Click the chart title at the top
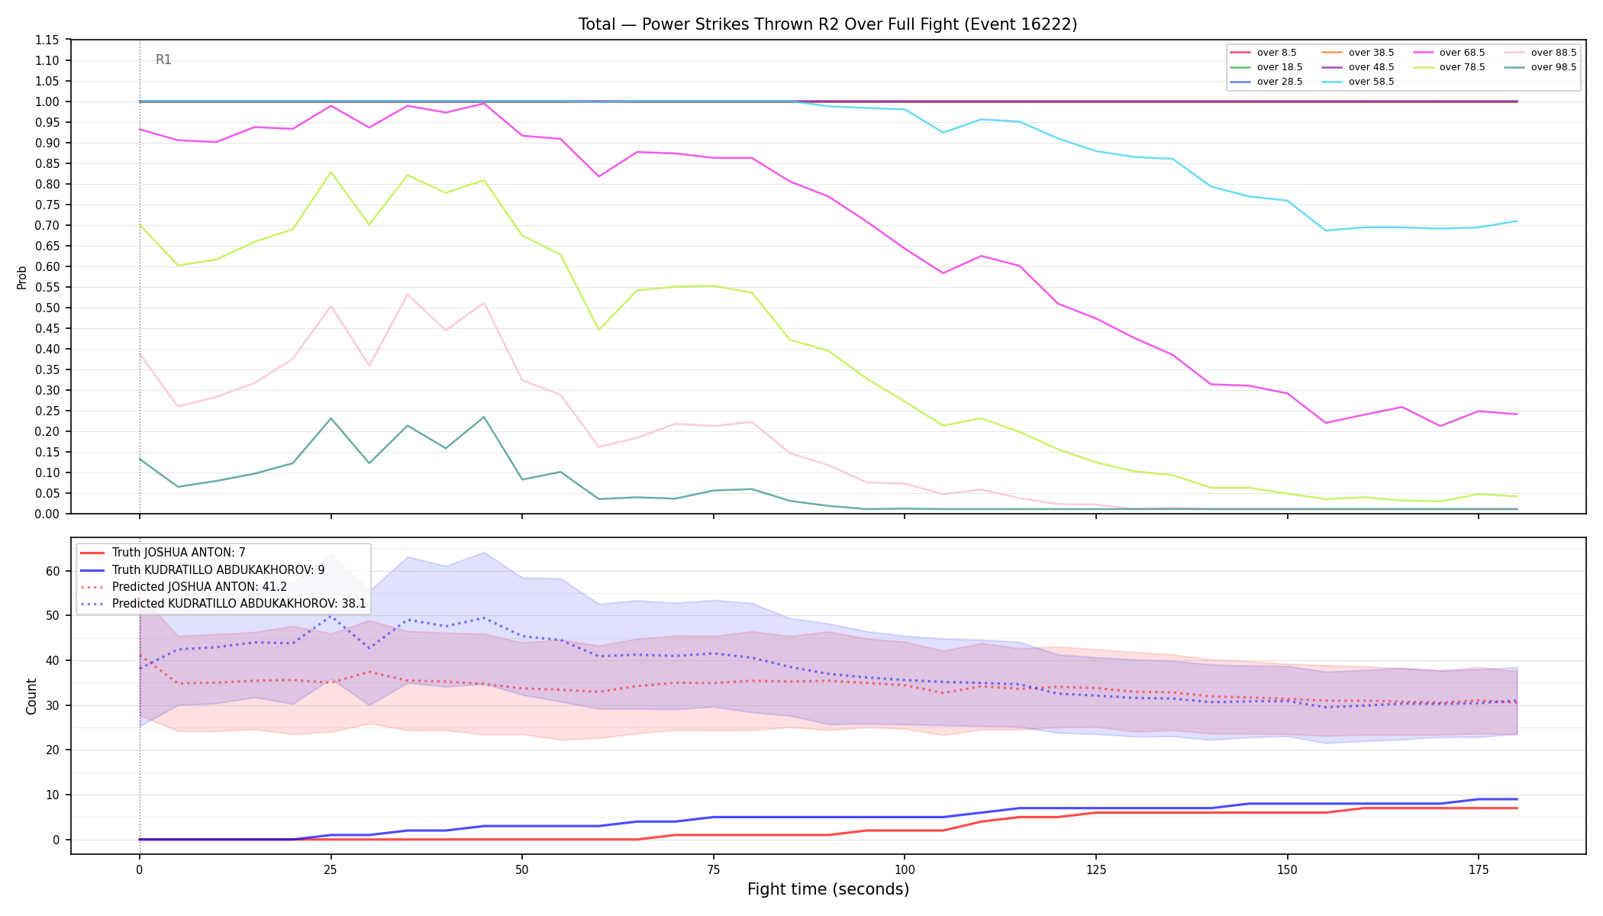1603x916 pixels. pos(827,24)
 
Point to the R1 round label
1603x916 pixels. pos(163,60)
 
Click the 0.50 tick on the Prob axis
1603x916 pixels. pos(47,308)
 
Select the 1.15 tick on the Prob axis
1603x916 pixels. pos(47,40)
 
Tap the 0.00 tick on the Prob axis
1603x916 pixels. pos(47,514)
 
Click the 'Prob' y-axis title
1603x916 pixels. pos(21,277)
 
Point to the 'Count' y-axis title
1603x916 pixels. pos(31,696)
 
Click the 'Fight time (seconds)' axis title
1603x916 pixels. pos(828,889)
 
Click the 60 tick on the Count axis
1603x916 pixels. pos(52,571)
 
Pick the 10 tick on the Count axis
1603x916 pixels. pos(52,795)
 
